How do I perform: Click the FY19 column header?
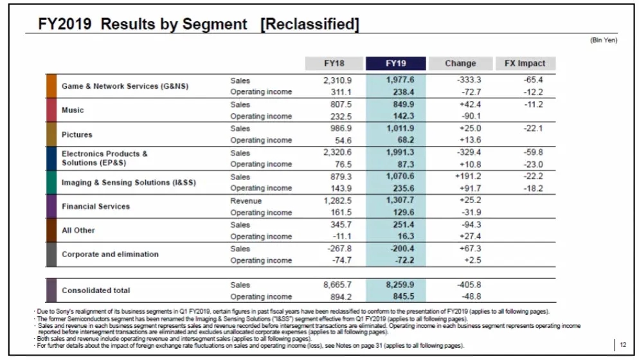[x=395, y=63]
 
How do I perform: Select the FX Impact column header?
[x=525, y=63]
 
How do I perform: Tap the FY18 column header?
[x=334, y=63]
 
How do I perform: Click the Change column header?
[x=460, y=63]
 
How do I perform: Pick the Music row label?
[x=73, y=110]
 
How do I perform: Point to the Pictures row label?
[x=76, y=134]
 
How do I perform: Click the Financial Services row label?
[x=96, y=206]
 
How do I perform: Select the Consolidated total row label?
[x=96, y=291]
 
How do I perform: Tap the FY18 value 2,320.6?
[x=337, y=153]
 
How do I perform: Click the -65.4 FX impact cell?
[x=533, y=80]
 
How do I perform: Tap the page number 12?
[x=622, y=345]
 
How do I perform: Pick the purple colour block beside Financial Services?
[x=51, y=206]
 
